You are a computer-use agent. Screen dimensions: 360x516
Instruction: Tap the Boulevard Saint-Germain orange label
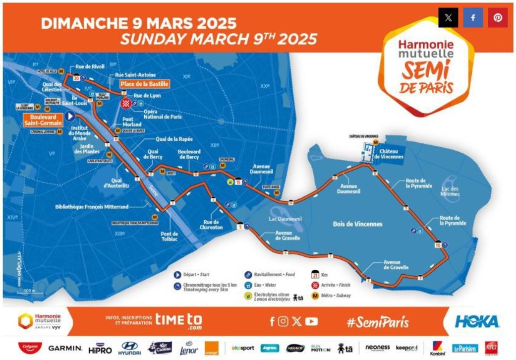(x=43, y=119)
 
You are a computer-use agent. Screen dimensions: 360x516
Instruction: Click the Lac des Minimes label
(x=450, y=191)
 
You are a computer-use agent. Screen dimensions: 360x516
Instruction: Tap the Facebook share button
(x=473, y=18)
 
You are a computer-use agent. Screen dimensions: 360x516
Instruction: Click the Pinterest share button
(x=498, y=18)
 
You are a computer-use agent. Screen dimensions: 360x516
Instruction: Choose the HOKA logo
(x=477, y=321)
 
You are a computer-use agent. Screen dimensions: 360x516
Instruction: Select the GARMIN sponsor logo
(x=65, y=348)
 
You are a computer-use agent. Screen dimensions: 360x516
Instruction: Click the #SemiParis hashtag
(x=378, y=322)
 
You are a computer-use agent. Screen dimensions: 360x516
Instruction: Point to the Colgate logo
(x=30, y=348)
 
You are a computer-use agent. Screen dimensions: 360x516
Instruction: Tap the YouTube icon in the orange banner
(x=311, y=322)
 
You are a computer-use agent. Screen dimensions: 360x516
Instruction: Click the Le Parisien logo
(x=464, y=349)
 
